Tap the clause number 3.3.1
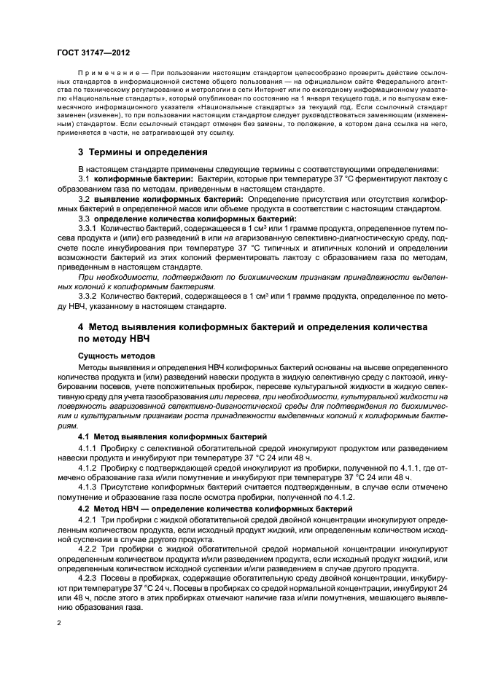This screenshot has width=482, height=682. point(87,227)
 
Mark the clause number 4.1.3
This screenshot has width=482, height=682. point(87,484)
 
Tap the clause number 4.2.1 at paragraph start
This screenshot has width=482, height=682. point(87,520)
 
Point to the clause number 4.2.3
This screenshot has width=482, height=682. point(87,577)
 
